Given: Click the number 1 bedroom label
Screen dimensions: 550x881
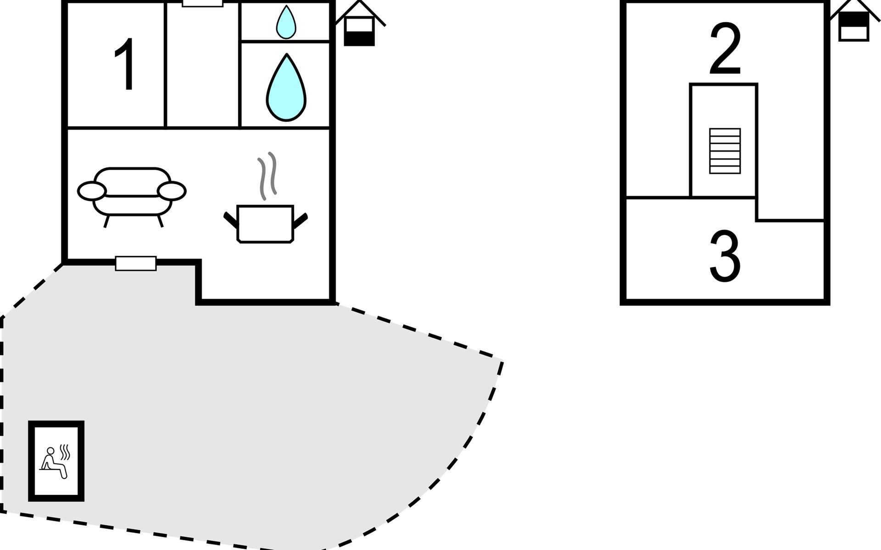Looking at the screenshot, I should pyautogui.click(x=125, y=65).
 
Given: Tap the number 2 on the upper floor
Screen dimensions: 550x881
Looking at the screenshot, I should pyautogui.click(x=725, y=49).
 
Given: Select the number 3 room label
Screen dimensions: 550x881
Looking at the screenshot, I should pyautogui.click(x=725, y=256).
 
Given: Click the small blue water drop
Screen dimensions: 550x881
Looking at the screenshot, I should pyautogui.click(x=286, y=22).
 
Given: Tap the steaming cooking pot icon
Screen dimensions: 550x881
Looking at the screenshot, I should pyautogui.click(x=265, y=223).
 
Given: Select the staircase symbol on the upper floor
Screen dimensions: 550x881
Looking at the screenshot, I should pyautogui.click(x=725, y=151).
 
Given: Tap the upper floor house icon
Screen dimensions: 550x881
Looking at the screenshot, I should pyautogui.click(x=853, y=23).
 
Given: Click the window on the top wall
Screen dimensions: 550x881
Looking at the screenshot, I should pyautogui.click(x=202, y=4).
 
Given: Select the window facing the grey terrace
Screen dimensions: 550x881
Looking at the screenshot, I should pyautogui.click(x=136, y=263).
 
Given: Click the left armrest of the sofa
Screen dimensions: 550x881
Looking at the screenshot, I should pyautogui.click(x=92, y=191).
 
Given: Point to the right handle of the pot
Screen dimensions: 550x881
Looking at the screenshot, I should pyautogui.click(x=301, y=220).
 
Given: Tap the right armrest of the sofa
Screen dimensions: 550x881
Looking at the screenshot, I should pyautogui.click(x=172, y=191).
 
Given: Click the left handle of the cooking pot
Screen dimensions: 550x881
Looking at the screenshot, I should pyautogui.click(x=230, y=220).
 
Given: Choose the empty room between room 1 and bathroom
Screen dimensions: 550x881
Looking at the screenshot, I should pyautogui.click(x=202, y=66).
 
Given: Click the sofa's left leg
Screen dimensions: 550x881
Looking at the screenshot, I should pyautogui.click(x=106, y=221).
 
